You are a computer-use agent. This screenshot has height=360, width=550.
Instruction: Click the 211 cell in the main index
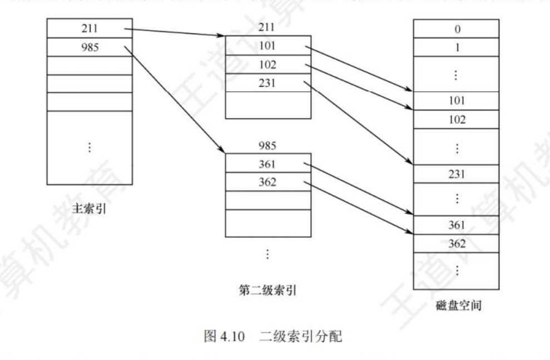coord(90,28)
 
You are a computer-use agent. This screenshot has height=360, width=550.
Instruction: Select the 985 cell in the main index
coord(90,46)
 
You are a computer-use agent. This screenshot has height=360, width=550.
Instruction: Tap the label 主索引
coord(87,209)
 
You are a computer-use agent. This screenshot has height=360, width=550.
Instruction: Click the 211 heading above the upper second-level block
coord(267,27)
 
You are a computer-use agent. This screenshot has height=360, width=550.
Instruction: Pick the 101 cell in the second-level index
coord(267,46)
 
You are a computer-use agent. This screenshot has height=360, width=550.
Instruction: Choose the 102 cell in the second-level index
coord(267,64)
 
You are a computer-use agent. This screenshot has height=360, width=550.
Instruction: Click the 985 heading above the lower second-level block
coord(267,146)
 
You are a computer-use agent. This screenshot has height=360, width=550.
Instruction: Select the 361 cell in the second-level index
coord(267,164)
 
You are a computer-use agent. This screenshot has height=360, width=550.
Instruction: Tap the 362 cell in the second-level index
coord(267,182)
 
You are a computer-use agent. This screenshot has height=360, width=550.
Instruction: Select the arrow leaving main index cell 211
coord(172,32)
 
